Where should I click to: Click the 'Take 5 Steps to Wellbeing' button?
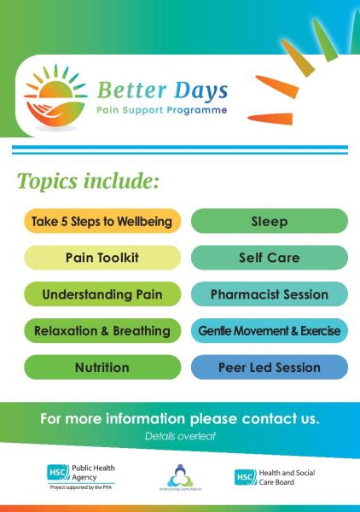(102, 221)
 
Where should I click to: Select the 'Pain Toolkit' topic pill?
(102, 257)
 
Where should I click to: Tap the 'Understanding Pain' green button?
(102, 294)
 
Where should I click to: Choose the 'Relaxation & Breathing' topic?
(102, 331)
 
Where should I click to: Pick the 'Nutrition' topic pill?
(102, 368)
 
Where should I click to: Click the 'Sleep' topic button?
(269, 221)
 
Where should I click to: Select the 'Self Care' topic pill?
(269, 257)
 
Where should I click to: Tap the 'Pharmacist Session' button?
(269, 294)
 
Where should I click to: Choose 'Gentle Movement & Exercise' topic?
(269, 331)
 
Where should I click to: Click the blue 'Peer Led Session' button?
(269, 368)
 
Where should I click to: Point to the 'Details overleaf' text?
(179, 436)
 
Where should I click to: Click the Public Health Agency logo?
(82, 474)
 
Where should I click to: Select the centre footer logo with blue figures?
(179, 476)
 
